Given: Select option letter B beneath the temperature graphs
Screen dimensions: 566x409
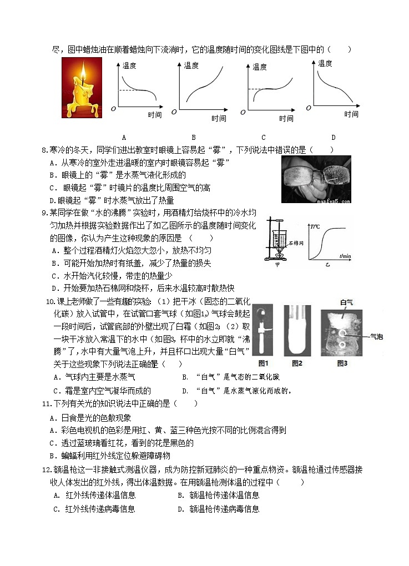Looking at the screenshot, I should (193, 138).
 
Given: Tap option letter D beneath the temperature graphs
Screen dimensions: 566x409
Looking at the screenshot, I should (333, 138).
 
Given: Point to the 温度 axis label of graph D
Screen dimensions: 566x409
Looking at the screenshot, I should (325, 64).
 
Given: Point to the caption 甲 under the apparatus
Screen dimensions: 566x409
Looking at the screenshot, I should (277, 265).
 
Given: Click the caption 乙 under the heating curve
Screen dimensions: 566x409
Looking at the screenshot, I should (327, 266).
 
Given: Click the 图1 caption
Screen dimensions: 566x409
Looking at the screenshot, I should (264, 363).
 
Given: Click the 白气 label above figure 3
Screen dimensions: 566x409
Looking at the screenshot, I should (346, 302).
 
